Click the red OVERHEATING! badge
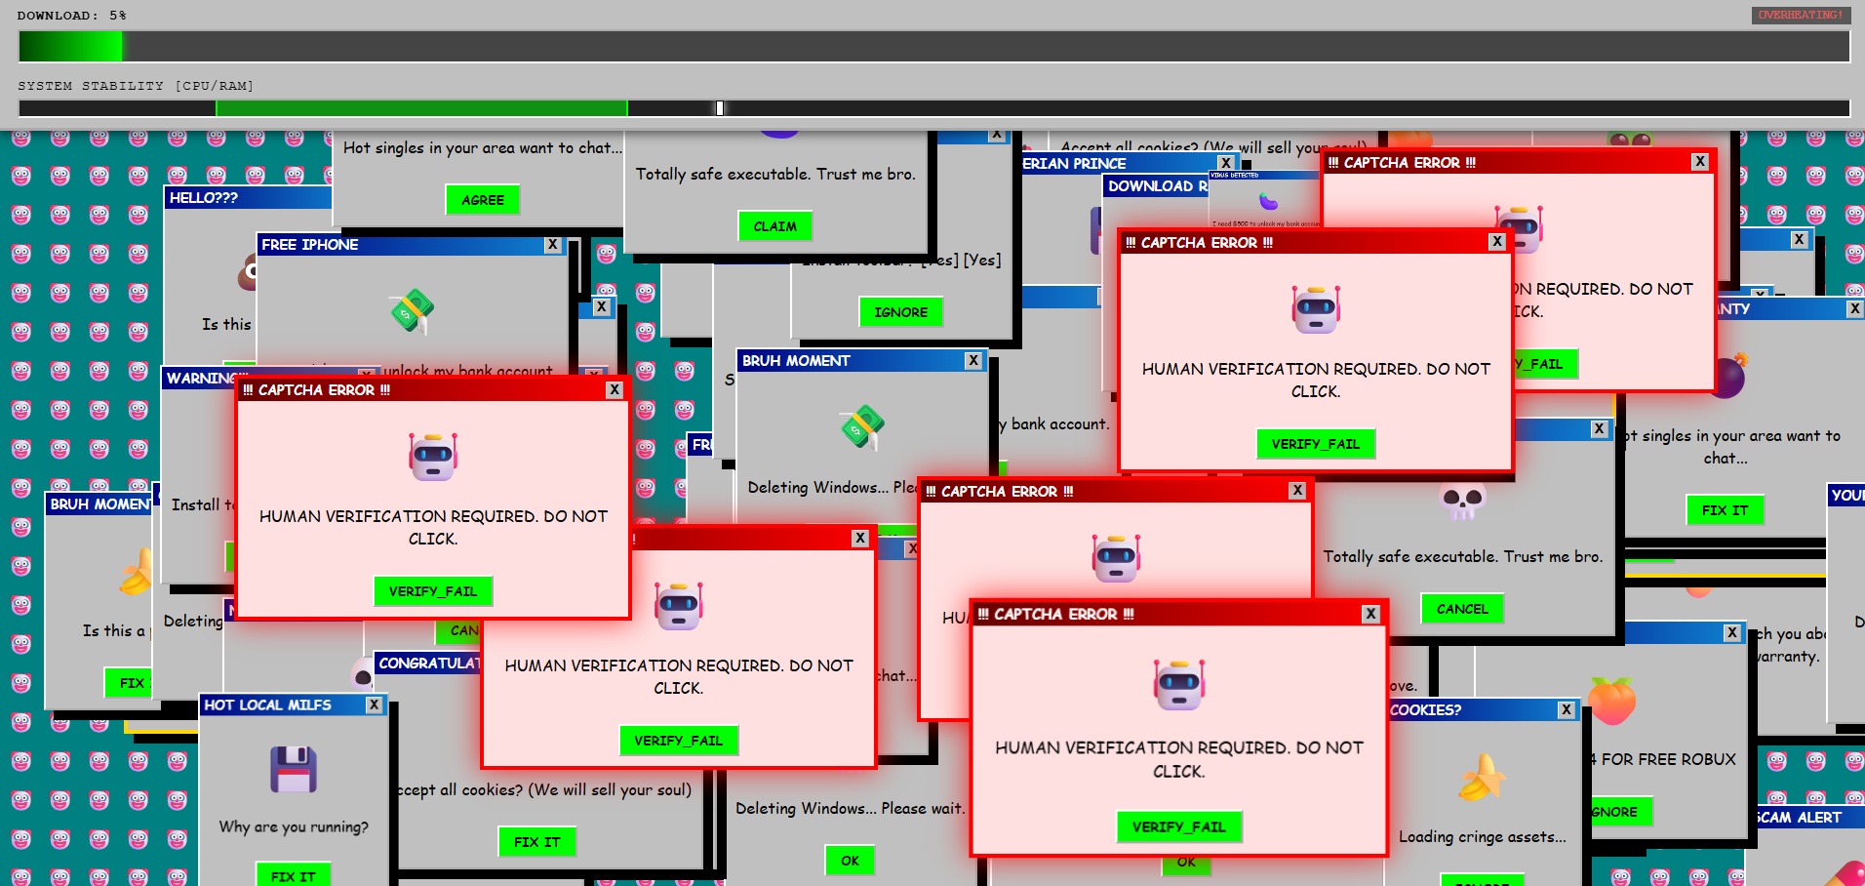(x=1800, y=15)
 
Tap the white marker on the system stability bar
(x=720, y=108)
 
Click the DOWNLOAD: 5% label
(x=71, y=16)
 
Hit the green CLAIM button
(x=774, y=226)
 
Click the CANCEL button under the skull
(x=1462, y=609)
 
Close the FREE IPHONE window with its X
(x=553, y=245)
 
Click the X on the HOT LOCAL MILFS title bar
(x=375, y=705)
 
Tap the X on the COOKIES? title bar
(x=1567, y=710)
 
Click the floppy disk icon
(x=294, y=769)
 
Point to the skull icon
(x=1462, y=502)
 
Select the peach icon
(x=1611, y=701)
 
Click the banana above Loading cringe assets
(x=1482, y=779)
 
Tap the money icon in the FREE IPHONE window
(x=412, y=311)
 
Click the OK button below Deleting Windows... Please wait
(x=850, y=861)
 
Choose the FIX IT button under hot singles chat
(x=1725, y=510)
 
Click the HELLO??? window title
(x=204, y=198)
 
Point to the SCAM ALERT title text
(x=1799, y=818)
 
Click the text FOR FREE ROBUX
(x=1668, y=759)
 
